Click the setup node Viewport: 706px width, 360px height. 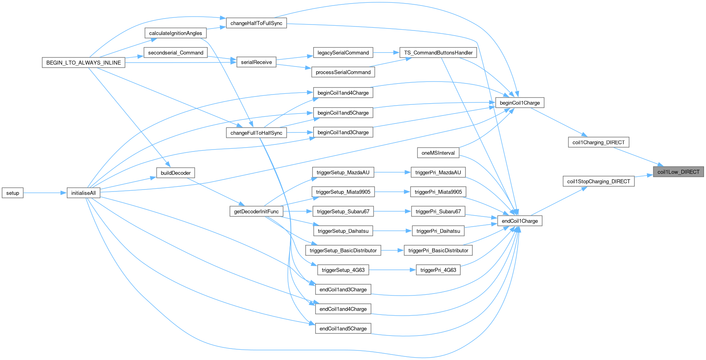13,193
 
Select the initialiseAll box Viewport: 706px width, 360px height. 83,193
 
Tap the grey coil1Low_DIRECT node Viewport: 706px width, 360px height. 678,172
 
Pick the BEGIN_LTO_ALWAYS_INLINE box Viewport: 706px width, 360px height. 83,63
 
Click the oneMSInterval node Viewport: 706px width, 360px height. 438,153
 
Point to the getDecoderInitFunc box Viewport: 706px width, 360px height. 256,211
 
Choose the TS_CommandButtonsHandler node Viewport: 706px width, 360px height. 438,53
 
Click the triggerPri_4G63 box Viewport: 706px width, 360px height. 438,270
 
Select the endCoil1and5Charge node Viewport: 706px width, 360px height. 343,328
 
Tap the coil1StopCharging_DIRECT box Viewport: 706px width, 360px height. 598,181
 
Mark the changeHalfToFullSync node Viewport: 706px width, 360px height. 256,23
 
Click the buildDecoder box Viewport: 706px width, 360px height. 176,173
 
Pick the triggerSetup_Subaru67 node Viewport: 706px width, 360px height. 343,211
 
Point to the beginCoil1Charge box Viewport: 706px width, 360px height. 520,103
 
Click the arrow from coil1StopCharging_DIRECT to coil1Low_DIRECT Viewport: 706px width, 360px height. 644,176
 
